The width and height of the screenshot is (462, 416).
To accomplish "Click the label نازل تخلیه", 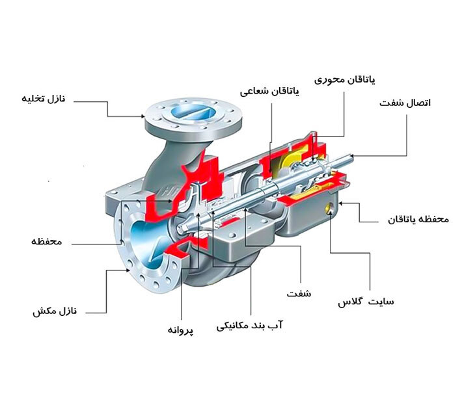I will pyautogui.click(x=47, y=99).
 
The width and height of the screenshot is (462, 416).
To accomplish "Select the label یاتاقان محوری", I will pyautogui.click(x=345, y=80).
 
